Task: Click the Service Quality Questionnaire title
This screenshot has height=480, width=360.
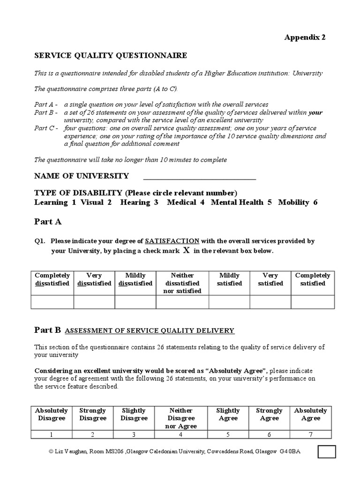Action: coord(111,56)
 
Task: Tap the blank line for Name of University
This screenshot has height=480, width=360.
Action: coord(200,177)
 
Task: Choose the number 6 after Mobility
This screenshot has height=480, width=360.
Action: coord(315,202)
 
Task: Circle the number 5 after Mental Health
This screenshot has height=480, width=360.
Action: coord(270,202)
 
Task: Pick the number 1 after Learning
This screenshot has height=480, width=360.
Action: coord(74,202)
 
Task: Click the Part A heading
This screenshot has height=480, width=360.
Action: coord(48,221)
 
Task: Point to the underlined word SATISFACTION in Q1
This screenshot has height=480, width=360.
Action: coord(172,241)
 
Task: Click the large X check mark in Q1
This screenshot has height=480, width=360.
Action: coord(186,250)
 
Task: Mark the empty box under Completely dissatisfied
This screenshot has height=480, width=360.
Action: coord(52,302)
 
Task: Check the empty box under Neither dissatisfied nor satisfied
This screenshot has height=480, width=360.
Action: coord(182,302)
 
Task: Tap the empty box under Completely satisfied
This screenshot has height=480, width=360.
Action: coord(313,302)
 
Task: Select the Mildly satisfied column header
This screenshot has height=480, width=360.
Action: coord(229,279)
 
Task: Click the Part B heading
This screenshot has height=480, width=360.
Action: coord(48,330)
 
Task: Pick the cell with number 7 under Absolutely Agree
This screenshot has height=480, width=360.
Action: coord(310,435)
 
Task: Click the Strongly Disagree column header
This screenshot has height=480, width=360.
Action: coord(93,414)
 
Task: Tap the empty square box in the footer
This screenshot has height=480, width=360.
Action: coord(327,451)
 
